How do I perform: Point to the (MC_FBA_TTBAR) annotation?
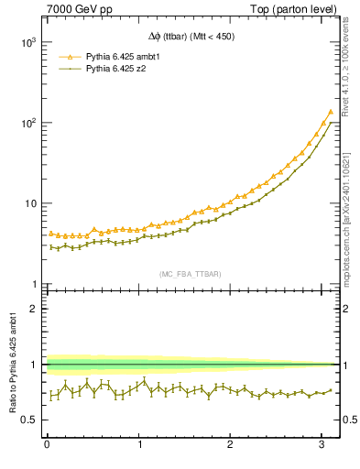point(190,274)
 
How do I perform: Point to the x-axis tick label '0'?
point(47,445)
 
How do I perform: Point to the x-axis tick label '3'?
point(322,445)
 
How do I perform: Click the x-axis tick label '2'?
point(230,445)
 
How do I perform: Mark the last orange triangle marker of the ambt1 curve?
point(330,112)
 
